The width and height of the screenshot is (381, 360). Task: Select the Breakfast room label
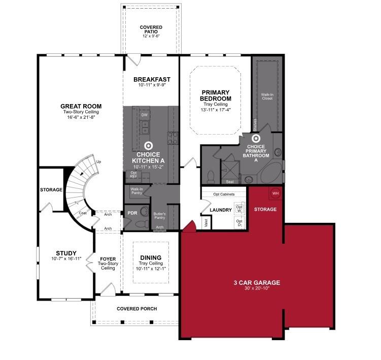point(152,79)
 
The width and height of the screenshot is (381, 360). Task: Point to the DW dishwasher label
point(145,115)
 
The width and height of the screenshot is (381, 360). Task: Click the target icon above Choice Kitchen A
point(148,145)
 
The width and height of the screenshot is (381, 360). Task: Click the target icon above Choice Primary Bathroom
point(256,137)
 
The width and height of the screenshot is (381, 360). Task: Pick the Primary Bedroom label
point(216,95)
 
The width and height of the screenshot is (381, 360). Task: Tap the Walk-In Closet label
point(267,96)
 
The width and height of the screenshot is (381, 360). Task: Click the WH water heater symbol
point(275,193)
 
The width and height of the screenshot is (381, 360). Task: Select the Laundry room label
point(220,210)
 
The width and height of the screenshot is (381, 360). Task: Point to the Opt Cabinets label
point(223,194)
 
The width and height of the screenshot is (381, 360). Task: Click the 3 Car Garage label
point(257,283)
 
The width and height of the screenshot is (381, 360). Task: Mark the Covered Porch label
point(136,309)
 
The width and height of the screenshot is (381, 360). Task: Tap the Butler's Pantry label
point(160,216)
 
